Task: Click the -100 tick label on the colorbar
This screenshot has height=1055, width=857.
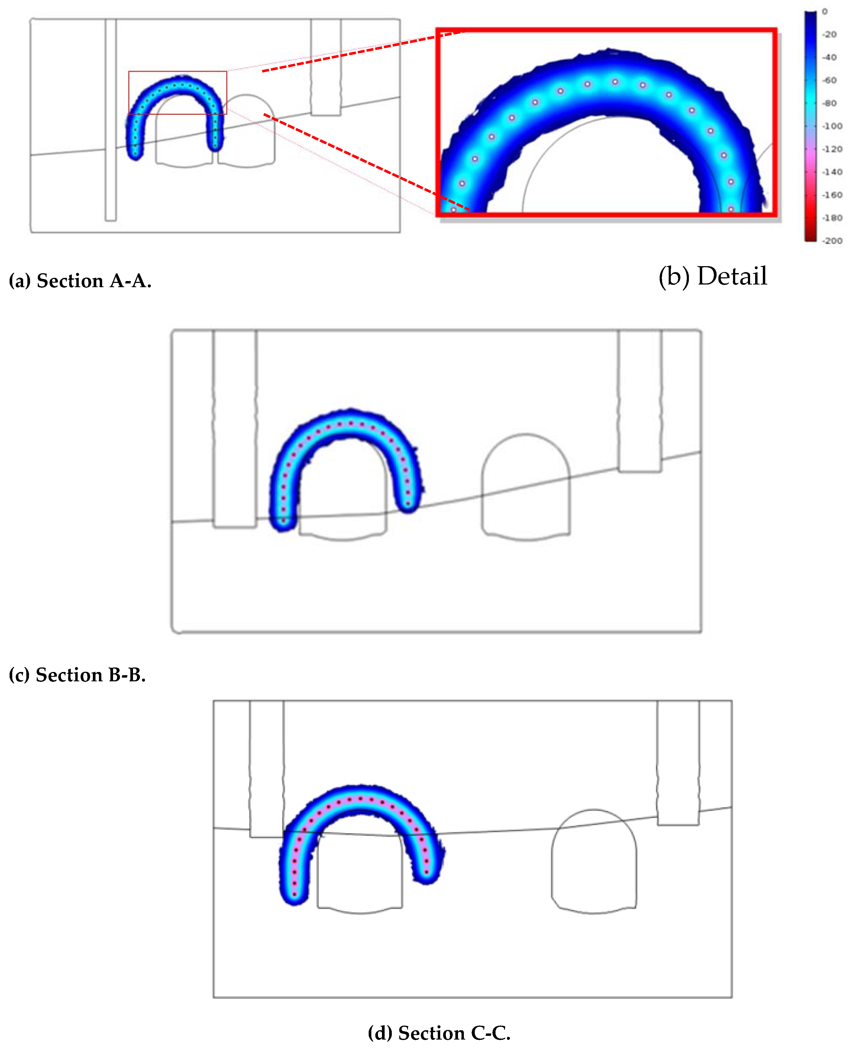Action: click(x=832, y=126)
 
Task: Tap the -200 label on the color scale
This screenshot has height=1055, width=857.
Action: click(x=832, y=241)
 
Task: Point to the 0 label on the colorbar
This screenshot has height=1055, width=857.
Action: click(x=825, y=11)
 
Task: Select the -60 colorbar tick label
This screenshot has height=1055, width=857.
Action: click(x=829, y=80)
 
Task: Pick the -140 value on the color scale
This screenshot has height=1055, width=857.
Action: click(x=832, y=172)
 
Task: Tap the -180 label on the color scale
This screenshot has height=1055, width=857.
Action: click(x=832, y=218)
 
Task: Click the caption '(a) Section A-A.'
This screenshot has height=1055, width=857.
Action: click(x=80, y=281)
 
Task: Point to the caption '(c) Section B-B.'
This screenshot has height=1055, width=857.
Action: click(x=77, y=675)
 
